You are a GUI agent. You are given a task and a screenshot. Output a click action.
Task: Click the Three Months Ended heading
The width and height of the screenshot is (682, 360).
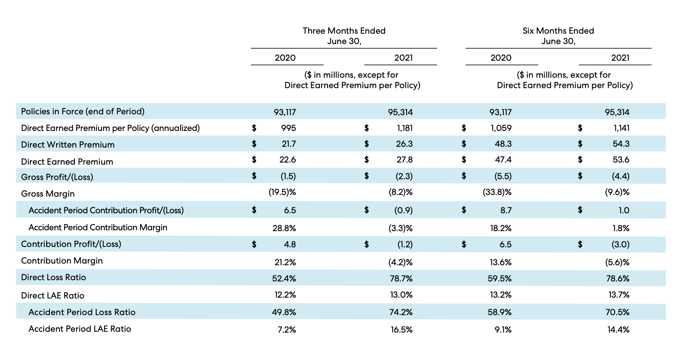pyautogui.click(x=344, y=31)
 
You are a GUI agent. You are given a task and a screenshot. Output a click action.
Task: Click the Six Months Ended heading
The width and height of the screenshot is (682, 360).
pyautogui.click(x=558, y=31)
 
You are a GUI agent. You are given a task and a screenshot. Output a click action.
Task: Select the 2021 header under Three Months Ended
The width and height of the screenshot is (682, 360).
pyautogui.click(x=403, y=58)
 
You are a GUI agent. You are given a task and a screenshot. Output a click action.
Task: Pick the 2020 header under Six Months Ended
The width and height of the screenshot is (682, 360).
pyautogui.click(x=501, y=58)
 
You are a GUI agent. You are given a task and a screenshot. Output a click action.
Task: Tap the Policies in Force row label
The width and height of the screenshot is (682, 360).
pyautogui.click(x=83, y=111)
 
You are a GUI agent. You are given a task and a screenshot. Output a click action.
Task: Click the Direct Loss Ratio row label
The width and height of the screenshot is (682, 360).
pyautogui.click(x=53, y=277)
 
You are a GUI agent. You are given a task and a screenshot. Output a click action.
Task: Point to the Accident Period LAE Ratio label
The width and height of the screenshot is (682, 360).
pyautogui.click(x=79, y=329)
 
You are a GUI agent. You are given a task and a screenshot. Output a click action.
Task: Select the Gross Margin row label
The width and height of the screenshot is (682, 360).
pyautogui.click(x=48, y=194)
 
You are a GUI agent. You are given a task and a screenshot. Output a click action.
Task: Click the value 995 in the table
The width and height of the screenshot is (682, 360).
pyautogui.click(x=288, y=128)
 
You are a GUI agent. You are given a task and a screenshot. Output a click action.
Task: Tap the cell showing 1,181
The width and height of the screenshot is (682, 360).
pyautogui.click(x=405, y=128)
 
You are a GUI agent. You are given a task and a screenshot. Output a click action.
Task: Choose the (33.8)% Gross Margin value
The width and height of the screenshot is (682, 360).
pyautogui.click(x=497, y=192)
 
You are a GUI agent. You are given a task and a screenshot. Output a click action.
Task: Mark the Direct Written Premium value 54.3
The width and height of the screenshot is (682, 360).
pyautogui.click(x=621, y=144)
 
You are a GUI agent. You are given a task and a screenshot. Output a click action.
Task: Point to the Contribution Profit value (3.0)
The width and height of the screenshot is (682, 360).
pyautogui.click(x=620, y=244)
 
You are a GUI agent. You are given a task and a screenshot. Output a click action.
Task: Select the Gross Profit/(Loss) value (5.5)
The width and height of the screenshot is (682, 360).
pyautogui.click(x=503, y=176)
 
